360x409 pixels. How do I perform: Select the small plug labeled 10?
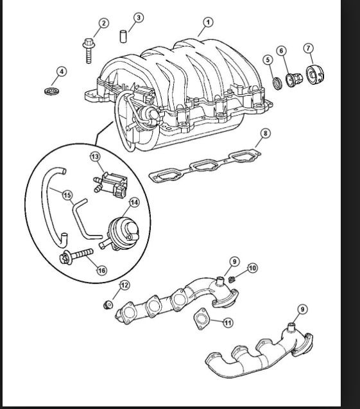tap(234, 279)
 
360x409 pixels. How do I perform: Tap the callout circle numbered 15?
tap(67, 194)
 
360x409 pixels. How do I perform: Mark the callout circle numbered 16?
tap(101, 270)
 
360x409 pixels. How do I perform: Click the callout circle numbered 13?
tap(95, 156)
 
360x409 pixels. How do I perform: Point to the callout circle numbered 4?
tap(62, 71)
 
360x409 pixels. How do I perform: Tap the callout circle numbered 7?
tap(309, 48)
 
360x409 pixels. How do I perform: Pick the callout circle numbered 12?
tap(124, 284)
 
